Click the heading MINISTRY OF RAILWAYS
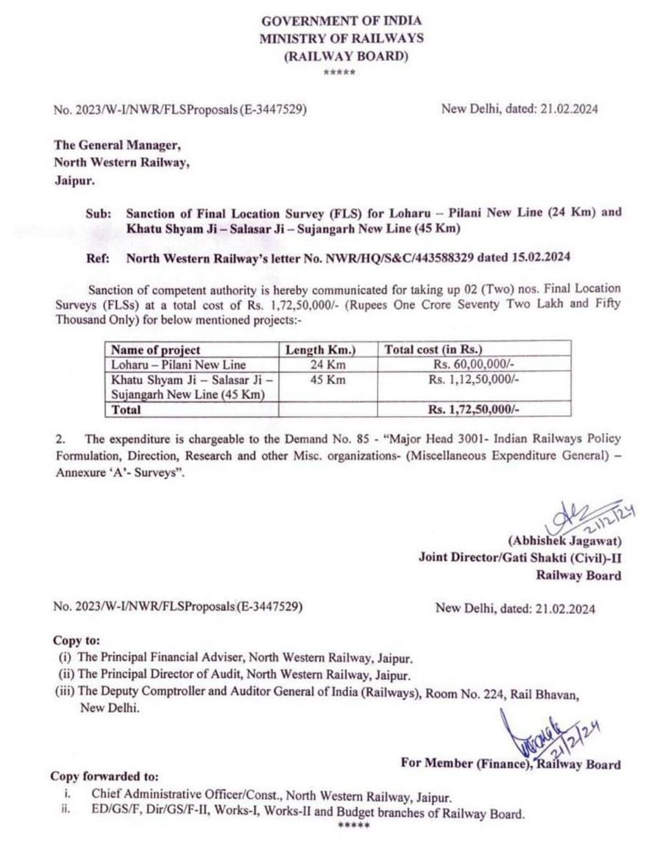pyautogui.click(x=341, y=39)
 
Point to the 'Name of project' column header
pyautogui.click(x=155, y=350)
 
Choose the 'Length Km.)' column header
pyautogui.click(x=322, y=350)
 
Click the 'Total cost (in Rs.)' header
pyautogui.click(x=433, y=350)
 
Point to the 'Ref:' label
pyautogui.click(x=99, y=258)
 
